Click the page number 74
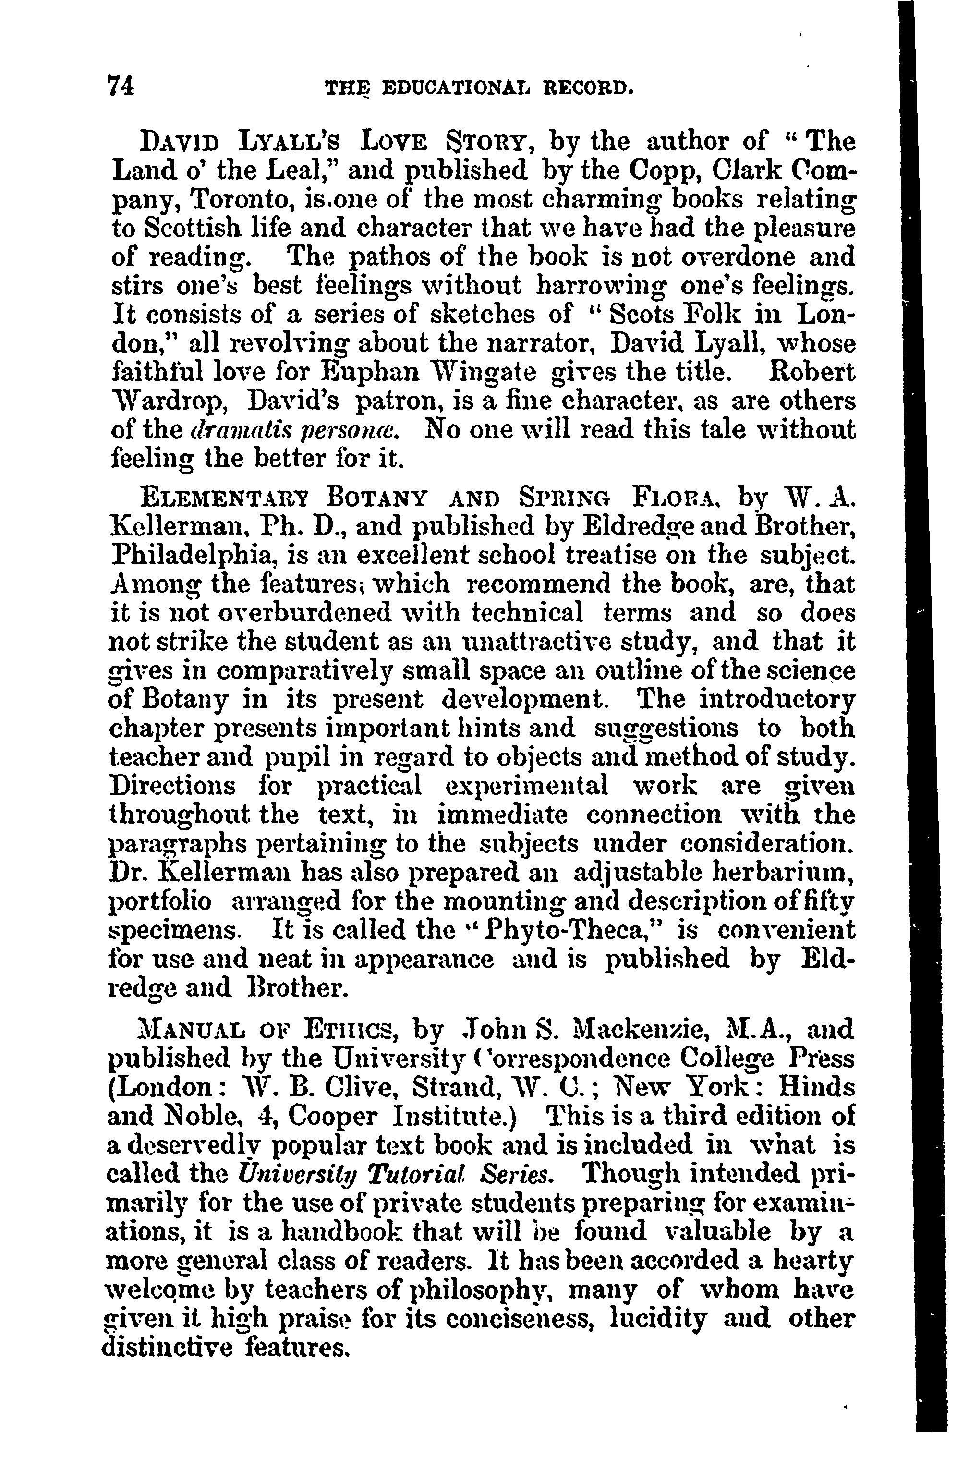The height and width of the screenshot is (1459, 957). (x=121, y=86)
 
